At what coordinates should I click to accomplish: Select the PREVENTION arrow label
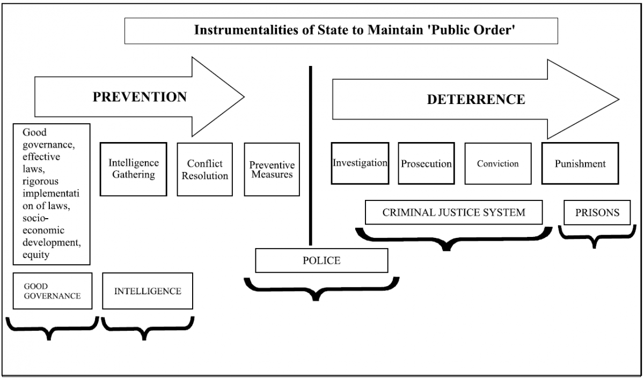[x=140, y=97]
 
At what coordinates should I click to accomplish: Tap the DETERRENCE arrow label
[x=475, y=99]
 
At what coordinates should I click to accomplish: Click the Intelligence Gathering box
[x=133, y=169]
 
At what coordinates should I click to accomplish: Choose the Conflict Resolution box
[x=204, y=169]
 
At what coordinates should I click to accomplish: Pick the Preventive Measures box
[x=272, y=169]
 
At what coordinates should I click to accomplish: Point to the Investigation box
[x=360, y=163]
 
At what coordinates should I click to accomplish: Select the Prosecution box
[x=426, y=163]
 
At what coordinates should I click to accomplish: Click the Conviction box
[x=497, y=163]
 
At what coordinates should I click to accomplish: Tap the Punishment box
[x=580, y=163]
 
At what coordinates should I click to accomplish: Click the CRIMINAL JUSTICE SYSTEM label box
[x=453, y=212]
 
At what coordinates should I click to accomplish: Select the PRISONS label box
[x=597, y=213]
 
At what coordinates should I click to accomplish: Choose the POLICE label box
[x=321, y=260]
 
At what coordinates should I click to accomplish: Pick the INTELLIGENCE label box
[x=147, y=291]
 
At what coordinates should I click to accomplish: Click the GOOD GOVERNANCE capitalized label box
[x=52, y=291]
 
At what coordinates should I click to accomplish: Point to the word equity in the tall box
[x=36, y=255]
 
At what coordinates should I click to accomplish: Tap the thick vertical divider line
[x=310, y=155]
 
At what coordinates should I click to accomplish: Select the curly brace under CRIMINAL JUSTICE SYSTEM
[x=453, y=238]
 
